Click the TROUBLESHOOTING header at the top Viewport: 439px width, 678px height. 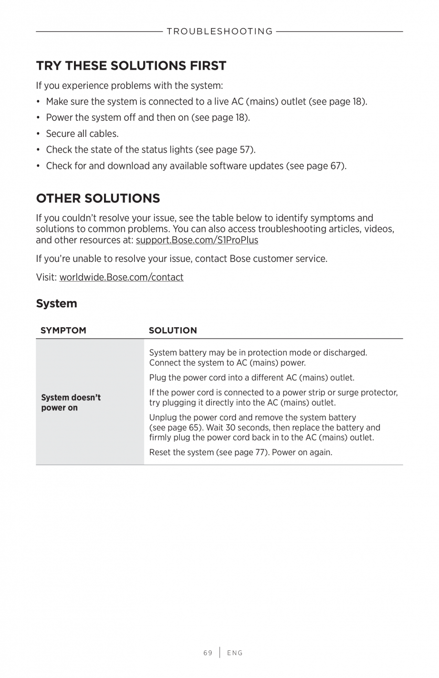[x=219, y=31]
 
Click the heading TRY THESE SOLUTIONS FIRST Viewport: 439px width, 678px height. [x=131, y=65]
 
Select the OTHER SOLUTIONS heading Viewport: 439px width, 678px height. [x=98, y=198]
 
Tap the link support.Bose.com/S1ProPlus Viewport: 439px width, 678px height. [x=197, y=240]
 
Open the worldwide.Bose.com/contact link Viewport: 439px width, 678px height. [x=121, y=277]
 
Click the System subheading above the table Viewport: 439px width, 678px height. [x=56, y=303]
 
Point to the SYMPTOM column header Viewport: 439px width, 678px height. [x=63, y=330]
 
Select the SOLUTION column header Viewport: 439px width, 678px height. [x=173, y=330]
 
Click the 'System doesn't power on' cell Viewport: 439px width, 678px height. [x=71, y=402]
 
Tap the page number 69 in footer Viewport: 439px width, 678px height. [x=208, y=653]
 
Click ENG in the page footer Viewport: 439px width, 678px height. [x=235, y=653]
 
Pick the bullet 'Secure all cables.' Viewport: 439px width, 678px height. [x=82, y=134]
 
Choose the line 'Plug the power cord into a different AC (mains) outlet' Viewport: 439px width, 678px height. [x=251, y=378]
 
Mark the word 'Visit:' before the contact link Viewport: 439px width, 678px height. [x=46, y=277]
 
